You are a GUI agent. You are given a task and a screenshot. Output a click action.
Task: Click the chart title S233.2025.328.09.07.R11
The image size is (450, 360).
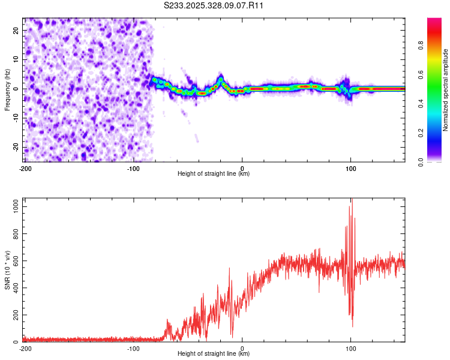[x=214, y=5]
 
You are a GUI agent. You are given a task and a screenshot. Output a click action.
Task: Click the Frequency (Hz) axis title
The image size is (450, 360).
[x=7, y=89]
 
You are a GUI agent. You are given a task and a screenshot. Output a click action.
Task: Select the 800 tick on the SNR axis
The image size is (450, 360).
[x=14, y=233]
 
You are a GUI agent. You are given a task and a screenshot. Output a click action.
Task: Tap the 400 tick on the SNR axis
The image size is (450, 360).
[x=14, y=288]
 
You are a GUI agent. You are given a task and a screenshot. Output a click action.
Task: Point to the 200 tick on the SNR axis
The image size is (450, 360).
[x=14, y=315]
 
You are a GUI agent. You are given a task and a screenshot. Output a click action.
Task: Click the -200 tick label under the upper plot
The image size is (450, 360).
[x=25, y=168]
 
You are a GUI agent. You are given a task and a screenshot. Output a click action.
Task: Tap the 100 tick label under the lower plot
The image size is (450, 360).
[x=351, y=348]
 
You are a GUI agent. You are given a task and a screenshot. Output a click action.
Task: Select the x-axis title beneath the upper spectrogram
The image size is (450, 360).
[x=214, y=174]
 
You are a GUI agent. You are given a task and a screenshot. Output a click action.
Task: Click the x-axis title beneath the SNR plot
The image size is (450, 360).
[x=214, y=354]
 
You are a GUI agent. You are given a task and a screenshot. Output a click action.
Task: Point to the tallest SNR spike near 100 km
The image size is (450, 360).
[x=352, y=202]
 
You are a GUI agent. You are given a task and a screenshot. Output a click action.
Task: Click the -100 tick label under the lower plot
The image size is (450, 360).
[x=133, y=348]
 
